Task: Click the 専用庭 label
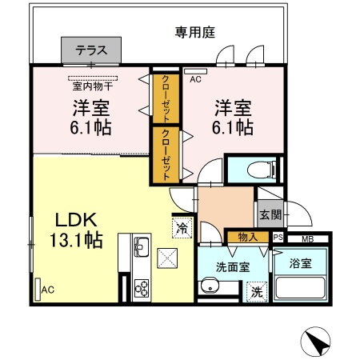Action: coord(196,33)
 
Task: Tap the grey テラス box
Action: coord(92,50)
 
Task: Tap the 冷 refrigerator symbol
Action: coord(181,227)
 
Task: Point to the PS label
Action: coord(278,238)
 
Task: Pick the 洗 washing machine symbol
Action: coord(258,292)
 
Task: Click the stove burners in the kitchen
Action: coord(141,287)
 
